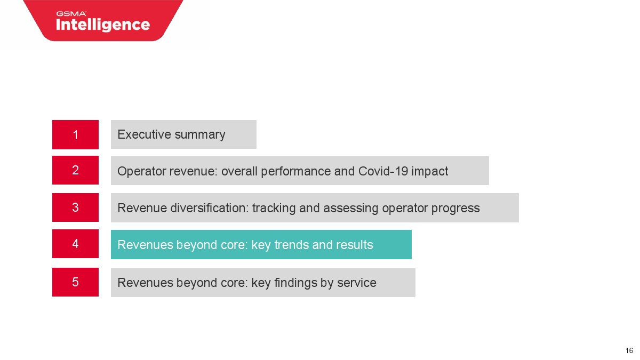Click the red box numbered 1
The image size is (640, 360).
pyautogui.click(x=75, y=134)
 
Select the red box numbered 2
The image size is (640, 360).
pyautogui.click(x=75, y=170)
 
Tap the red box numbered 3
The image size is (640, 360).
pyautogui.click(x=75, y=207)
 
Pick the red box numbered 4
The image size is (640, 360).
pyautogui.click(x=75, y=244)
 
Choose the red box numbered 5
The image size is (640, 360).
pyautogui.click(x=75, y=282)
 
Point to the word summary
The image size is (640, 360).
pyautogui.click(x=200, y=135)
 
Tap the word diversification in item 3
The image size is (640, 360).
pyautogui.click(x=210, y=207)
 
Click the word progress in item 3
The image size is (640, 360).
pyautogui.click(x=455, y=209)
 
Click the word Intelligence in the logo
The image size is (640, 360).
pyautogui.click(x=103, y=25)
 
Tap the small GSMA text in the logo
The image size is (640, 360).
pyautogui.click(x=71, y=13)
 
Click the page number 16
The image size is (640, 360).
pyautogui.click(x=629, y=350)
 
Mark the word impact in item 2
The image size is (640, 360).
pyautogui.click(x=429, y=172)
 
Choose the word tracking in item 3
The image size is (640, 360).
pyautogui.click(x=274, y=209)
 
